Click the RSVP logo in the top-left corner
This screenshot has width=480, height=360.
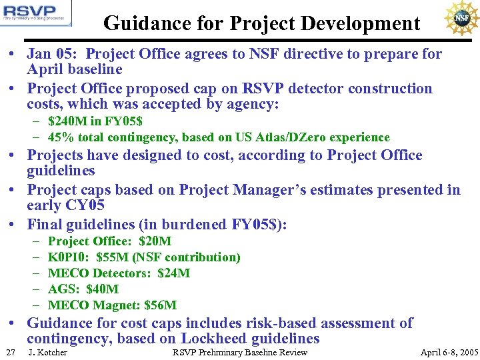click(37, 13)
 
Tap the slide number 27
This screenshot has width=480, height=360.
click(10, 352)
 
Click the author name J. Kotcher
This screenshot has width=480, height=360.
click(47, 352)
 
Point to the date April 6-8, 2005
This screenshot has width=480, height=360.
click(449, 352)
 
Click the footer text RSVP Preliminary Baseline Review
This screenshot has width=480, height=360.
click(240, 352)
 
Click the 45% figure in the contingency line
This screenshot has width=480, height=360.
click(60, 137)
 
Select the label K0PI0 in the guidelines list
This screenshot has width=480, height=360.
click(69, 257)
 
